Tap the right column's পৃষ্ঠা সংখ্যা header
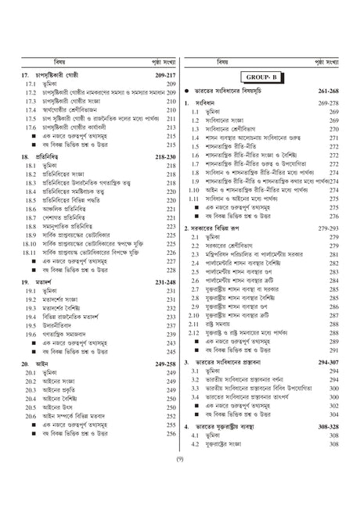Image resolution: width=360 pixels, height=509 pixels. [327, 60]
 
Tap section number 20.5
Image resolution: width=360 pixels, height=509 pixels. [31, 407]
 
